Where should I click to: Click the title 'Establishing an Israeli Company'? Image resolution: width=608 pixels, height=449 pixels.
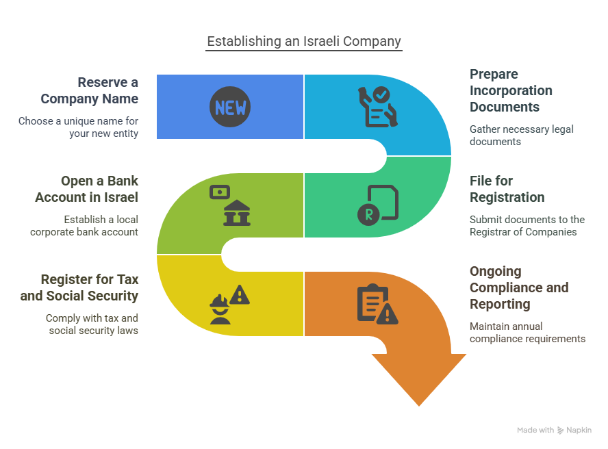click(304, 41)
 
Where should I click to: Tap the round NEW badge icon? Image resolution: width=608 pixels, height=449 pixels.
click(230, 107)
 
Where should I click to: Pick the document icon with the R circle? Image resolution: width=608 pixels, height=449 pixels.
click(378, 205)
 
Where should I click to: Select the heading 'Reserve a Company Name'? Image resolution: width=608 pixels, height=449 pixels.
click(89, 90)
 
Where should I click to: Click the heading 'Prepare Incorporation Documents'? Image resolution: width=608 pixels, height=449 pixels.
click(511, 90)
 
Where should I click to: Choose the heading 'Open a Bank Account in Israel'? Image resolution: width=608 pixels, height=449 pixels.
click(87, 189)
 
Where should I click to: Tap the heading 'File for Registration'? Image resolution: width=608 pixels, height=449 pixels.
click(507, 189)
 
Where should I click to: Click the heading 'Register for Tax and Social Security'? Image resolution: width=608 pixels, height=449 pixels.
click(79, 287)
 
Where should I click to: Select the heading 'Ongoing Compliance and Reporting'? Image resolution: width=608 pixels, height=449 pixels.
click(518, 287)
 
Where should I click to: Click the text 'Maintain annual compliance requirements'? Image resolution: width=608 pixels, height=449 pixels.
click(527, 332)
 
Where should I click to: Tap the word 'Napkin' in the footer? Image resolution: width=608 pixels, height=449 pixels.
click(579, 431)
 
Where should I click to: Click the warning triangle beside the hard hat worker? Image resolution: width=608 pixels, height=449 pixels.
click(240, 296)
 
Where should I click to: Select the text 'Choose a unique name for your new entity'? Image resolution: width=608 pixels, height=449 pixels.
click(78, 127)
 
